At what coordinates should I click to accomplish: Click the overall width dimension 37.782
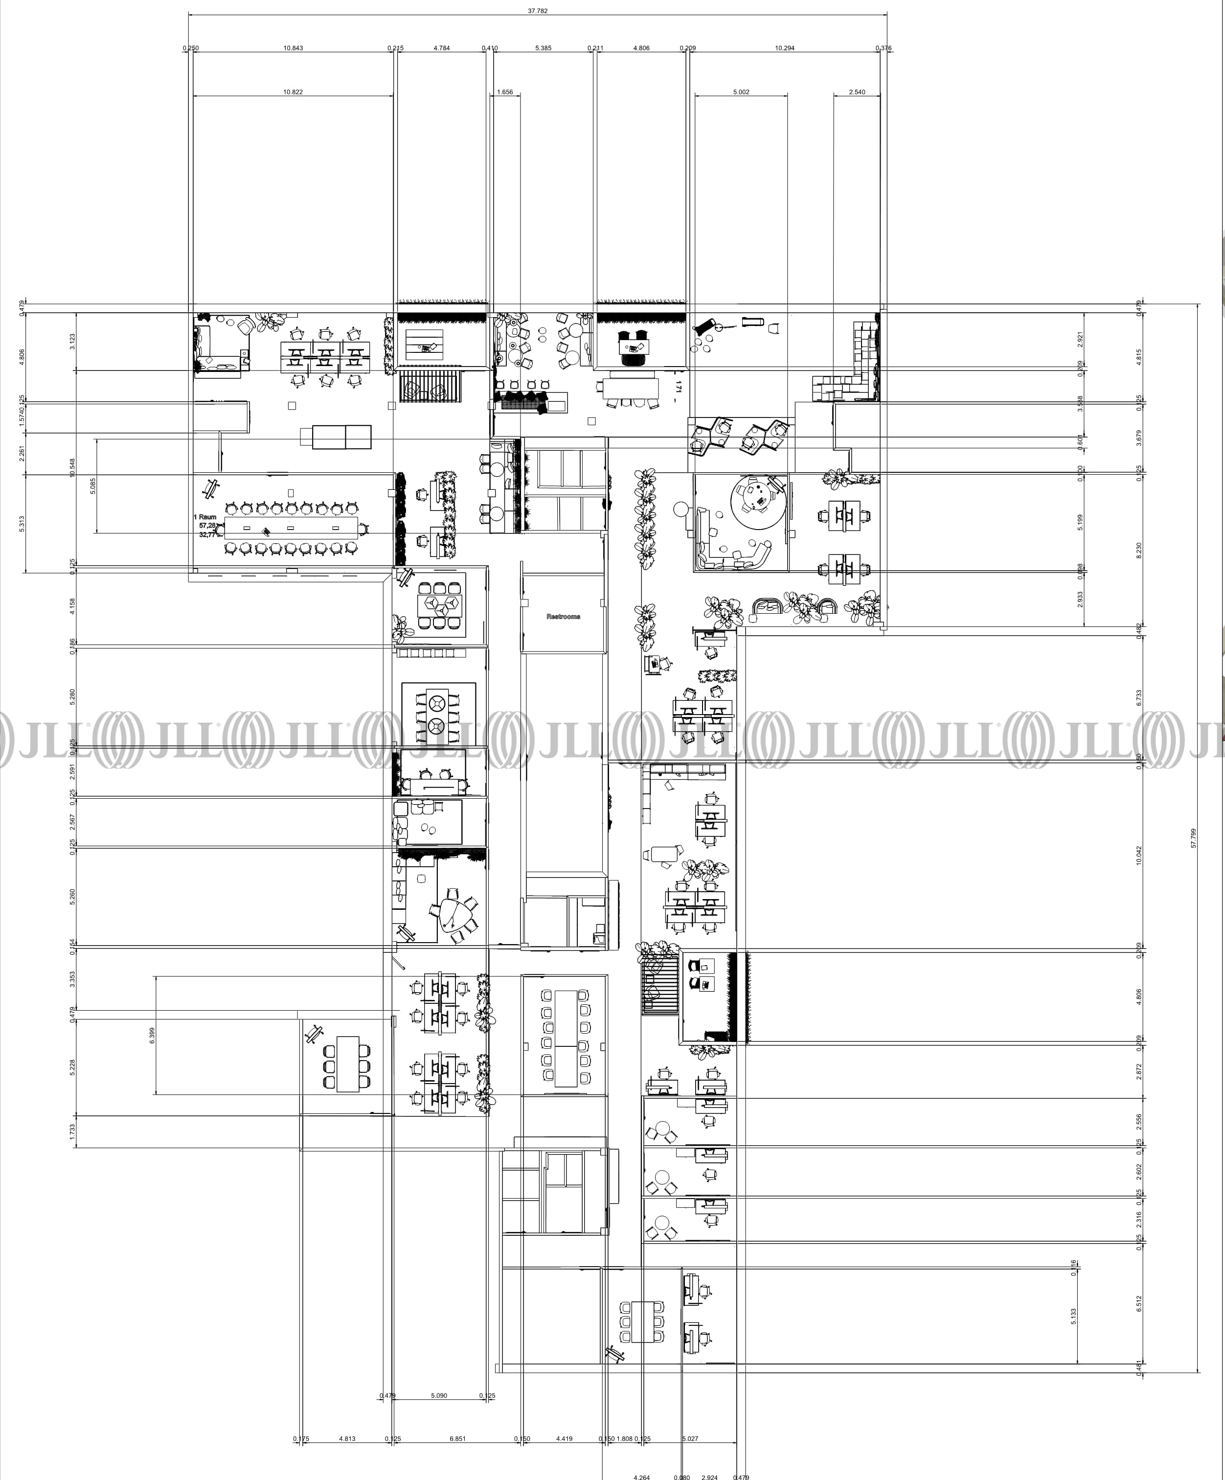538,11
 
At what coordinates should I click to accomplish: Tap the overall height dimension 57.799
1193,838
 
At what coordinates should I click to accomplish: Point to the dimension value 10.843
293,48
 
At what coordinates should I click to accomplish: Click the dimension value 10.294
784,48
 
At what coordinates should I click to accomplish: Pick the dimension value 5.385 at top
543,48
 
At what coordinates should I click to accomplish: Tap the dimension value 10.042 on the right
1139,856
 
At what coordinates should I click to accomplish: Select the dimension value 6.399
152,1035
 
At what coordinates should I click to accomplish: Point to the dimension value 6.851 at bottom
457,1438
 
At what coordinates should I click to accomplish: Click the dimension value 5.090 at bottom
439,1395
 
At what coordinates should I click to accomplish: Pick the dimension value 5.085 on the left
93,486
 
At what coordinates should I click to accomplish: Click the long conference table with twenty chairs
292,528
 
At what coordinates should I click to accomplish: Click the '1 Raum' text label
205,517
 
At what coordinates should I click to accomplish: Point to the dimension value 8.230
1139,551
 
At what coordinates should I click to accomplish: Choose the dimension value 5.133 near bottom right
1073,1316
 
